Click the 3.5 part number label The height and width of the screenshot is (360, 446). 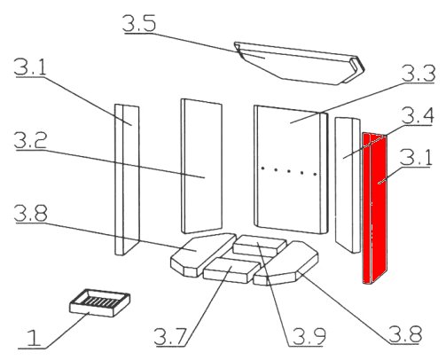click(139, 23)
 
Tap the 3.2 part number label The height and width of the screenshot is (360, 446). click(31, 141)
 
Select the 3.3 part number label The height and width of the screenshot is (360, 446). click(419, 74)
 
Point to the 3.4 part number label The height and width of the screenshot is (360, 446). click(418, 116)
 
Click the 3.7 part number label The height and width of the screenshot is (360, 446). click(171, 337)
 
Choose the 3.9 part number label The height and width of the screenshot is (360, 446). click(309, 336)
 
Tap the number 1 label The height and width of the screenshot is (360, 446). click(34, 338)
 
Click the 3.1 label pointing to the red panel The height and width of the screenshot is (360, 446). click(416, 158)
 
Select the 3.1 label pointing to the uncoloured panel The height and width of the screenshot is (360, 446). click(31, 67)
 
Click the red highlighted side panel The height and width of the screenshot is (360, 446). click(375, 208)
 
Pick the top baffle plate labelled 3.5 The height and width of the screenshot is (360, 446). click(299, 63)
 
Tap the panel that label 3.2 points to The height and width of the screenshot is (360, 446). click(201, 166)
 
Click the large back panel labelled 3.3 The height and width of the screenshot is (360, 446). click(291, 169)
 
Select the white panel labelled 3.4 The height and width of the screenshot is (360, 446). click(348, 185)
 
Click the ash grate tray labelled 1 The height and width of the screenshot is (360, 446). click(99, 302)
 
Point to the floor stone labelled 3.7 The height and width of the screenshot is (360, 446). click(231, 270)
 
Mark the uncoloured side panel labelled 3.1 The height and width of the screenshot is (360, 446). click(127, 179)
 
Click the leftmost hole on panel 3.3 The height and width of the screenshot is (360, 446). click(262, 168)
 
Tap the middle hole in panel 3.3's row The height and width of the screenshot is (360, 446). click(288, 171)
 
